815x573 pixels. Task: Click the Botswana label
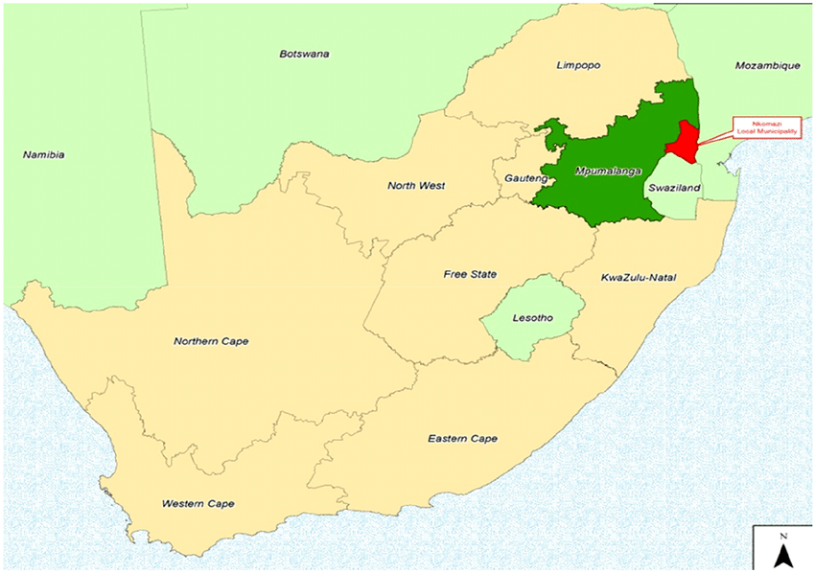(x=304, y=54)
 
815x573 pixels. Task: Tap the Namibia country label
(x=43, y=154)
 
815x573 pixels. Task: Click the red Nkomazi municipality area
(x=682, y=143)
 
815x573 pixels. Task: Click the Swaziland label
(x=670, y=189)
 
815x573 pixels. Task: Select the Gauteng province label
(x=524, y=178)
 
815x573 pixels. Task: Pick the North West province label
(x=416, y=186)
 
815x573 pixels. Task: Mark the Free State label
(x=470, y=274)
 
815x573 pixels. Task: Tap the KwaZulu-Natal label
(x=639, y=278)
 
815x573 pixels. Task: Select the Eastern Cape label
(x=462, y=439)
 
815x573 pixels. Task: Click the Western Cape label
(x=198, y=503)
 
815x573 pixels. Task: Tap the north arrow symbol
(x=782, y=555)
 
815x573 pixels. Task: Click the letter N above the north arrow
(x=782, y=535)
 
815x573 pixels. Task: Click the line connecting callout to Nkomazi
(x=713, y=138)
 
